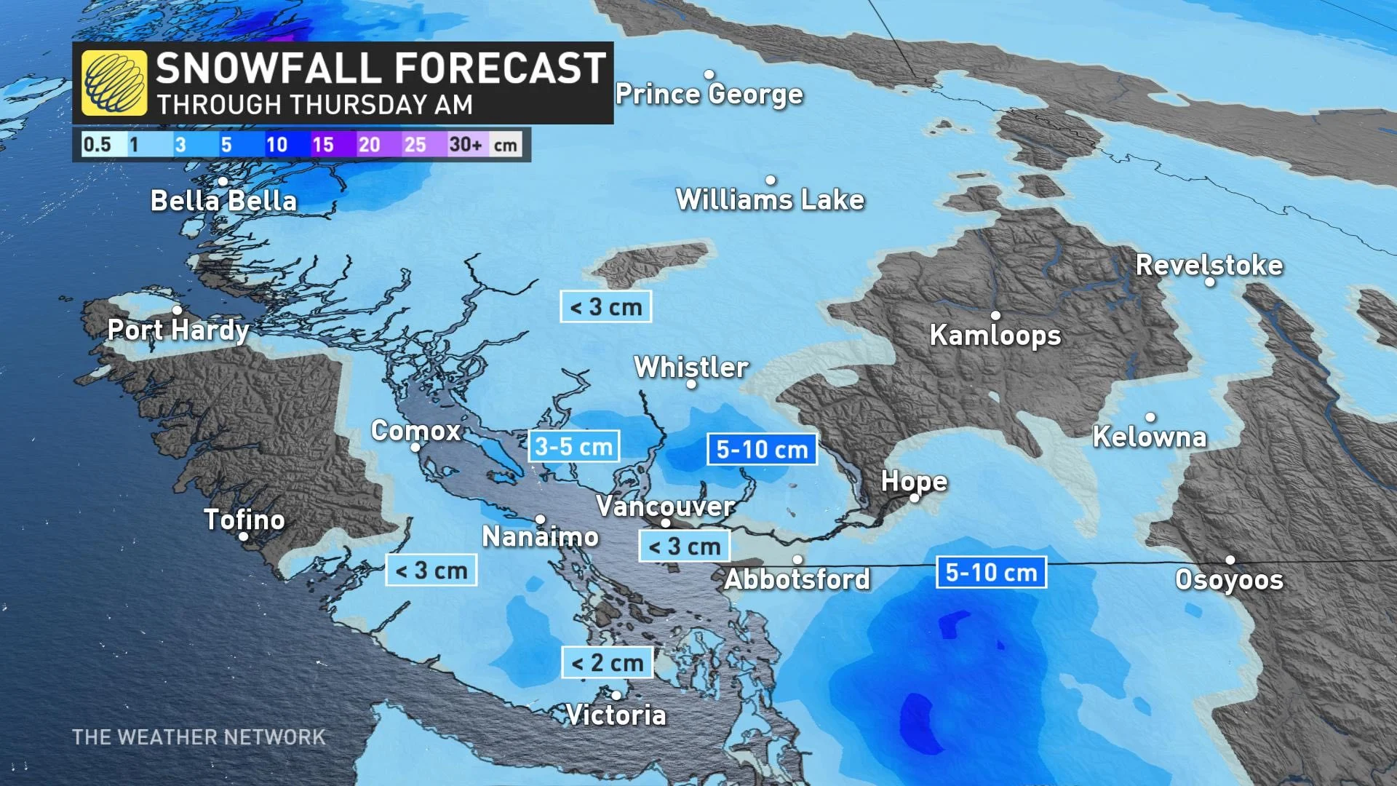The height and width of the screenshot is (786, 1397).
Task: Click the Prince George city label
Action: (709, 94)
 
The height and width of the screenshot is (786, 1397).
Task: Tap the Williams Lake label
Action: (770, 199)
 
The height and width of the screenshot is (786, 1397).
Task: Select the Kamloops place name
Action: (995, 336)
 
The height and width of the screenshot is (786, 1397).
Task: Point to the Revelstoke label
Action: (1209, 265)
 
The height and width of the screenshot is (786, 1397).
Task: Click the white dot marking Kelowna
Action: (1150, 417)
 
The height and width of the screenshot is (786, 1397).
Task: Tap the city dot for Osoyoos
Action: (1230, 560)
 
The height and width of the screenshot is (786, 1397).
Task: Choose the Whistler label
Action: (691, 368)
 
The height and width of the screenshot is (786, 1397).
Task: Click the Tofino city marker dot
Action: (244, 536)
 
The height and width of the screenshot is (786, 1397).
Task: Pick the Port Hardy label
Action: (178, 330)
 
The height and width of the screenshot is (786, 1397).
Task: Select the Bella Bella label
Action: (223, 201)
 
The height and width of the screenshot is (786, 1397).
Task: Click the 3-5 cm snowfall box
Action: (574, 446)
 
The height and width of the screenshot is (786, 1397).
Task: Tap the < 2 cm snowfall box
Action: (608, 663)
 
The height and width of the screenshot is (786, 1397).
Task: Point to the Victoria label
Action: (616, 715)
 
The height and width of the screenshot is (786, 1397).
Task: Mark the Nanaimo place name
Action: (541, 537)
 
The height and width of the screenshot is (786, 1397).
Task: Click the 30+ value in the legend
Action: (466, 145)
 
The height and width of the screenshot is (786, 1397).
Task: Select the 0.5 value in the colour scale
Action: (97, 145)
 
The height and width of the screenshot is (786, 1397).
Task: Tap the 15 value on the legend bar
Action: (322, 145)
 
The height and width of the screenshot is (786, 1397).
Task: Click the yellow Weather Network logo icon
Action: (114, 83)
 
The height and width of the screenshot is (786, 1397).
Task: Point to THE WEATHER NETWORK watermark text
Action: (199, 737)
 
